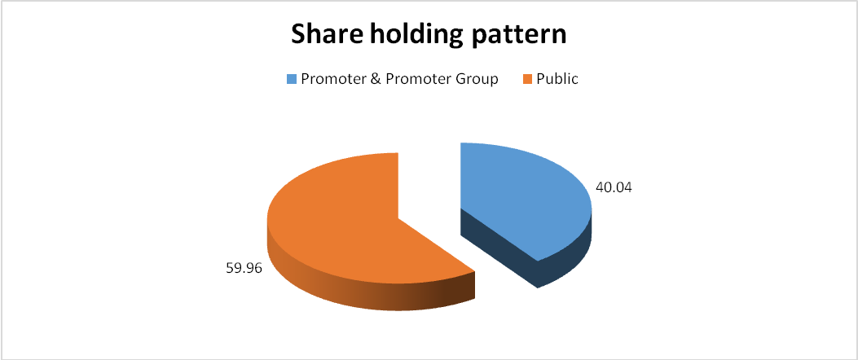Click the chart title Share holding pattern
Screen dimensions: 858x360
click(429, 36)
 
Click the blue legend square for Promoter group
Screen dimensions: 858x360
click(291, 79)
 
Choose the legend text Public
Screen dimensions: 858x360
click(557, 79)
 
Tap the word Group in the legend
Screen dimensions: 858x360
click(478, 80)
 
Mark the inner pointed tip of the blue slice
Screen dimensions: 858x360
click(461, 209)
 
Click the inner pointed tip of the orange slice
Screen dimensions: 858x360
click(398, 217)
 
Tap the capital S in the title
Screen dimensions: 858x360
click(299, 34)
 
